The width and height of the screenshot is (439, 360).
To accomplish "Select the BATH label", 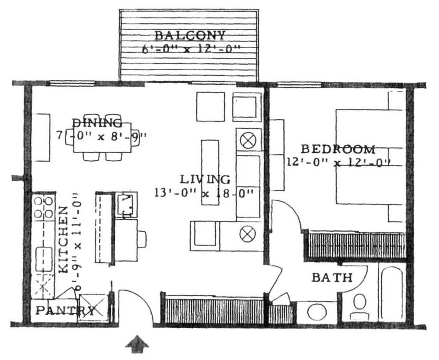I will click(x=332, y=278).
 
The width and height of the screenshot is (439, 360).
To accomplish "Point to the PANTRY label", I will click(x=64, y=310).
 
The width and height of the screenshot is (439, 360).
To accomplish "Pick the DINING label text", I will click(x=96, y=123).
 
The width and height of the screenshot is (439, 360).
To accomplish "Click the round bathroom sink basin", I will click(x=317, y=312).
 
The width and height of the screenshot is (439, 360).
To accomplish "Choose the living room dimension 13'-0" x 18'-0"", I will click(x=204, y=193).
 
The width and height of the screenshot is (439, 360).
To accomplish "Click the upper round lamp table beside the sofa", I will click(x=248, y=141).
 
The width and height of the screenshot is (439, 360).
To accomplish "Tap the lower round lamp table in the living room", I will click(x=248, y=234).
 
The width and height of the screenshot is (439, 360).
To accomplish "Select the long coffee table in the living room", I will click(x=210, y=172).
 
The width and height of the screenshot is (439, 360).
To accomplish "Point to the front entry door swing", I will click(x=135, y=305).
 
